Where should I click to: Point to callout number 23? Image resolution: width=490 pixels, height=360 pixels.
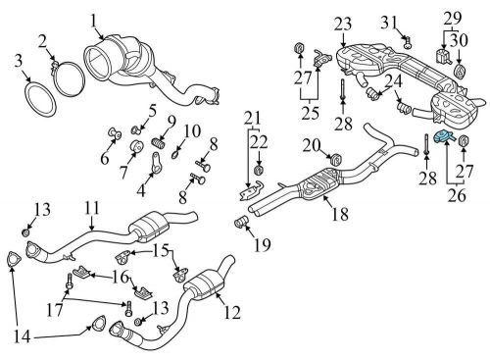tap(342, 25)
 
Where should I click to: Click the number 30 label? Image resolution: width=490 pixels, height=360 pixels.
tap(460, 40)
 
